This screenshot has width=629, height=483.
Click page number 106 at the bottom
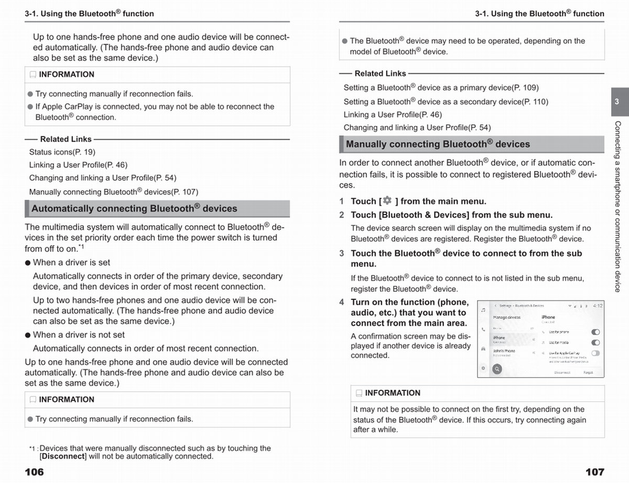coord(35,472)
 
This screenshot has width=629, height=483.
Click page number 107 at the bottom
coord(594,472)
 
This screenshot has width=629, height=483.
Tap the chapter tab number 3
coord(617,102)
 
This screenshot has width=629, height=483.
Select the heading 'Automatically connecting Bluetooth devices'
coord(134,209)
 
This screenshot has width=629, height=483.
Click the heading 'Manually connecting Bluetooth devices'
coord(438,144)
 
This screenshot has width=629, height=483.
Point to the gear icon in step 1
coord(387,201)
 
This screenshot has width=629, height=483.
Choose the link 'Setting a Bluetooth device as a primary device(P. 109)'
coord(441,88)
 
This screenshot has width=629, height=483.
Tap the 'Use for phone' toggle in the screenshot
coord(595,332)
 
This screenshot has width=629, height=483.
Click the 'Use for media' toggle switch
coord(595,342)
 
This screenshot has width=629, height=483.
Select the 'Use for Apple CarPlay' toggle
coord(595,353)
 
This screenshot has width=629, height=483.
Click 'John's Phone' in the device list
coord(504,351)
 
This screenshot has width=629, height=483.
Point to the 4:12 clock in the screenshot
coord(598,305)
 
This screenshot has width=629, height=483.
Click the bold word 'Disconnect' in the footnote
coord(63,456)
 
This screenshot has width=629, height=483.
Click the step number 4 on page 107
coord(342,302)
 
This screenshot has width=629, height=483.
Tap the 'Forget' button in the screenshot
coord(588,372)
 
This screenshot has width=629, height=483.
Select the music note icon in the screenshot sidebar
coord(483,310)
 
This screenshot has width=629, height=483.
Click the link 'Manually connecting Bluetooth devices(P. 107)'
coord(114,192)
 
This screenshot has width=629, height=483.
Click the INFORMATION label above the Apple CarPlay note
coord(67,74)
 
